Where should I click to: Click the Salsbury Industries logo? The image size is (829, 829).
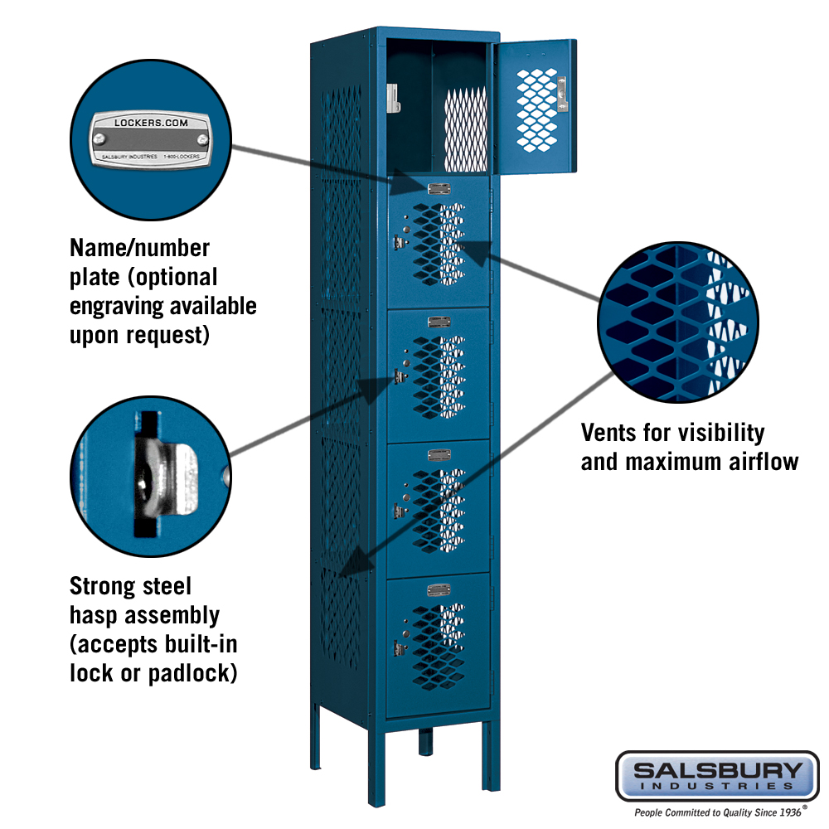click(716, 776)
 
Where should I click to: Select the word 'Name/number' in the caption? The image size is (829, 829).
click(139, 248)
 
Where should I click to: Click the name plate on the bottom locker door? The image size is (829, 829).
click(439, 589)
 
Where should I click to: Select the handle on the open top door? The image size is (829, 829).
click(562, 93)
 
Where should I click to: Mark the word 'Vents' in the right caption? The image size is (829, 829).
click(610, 433)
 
